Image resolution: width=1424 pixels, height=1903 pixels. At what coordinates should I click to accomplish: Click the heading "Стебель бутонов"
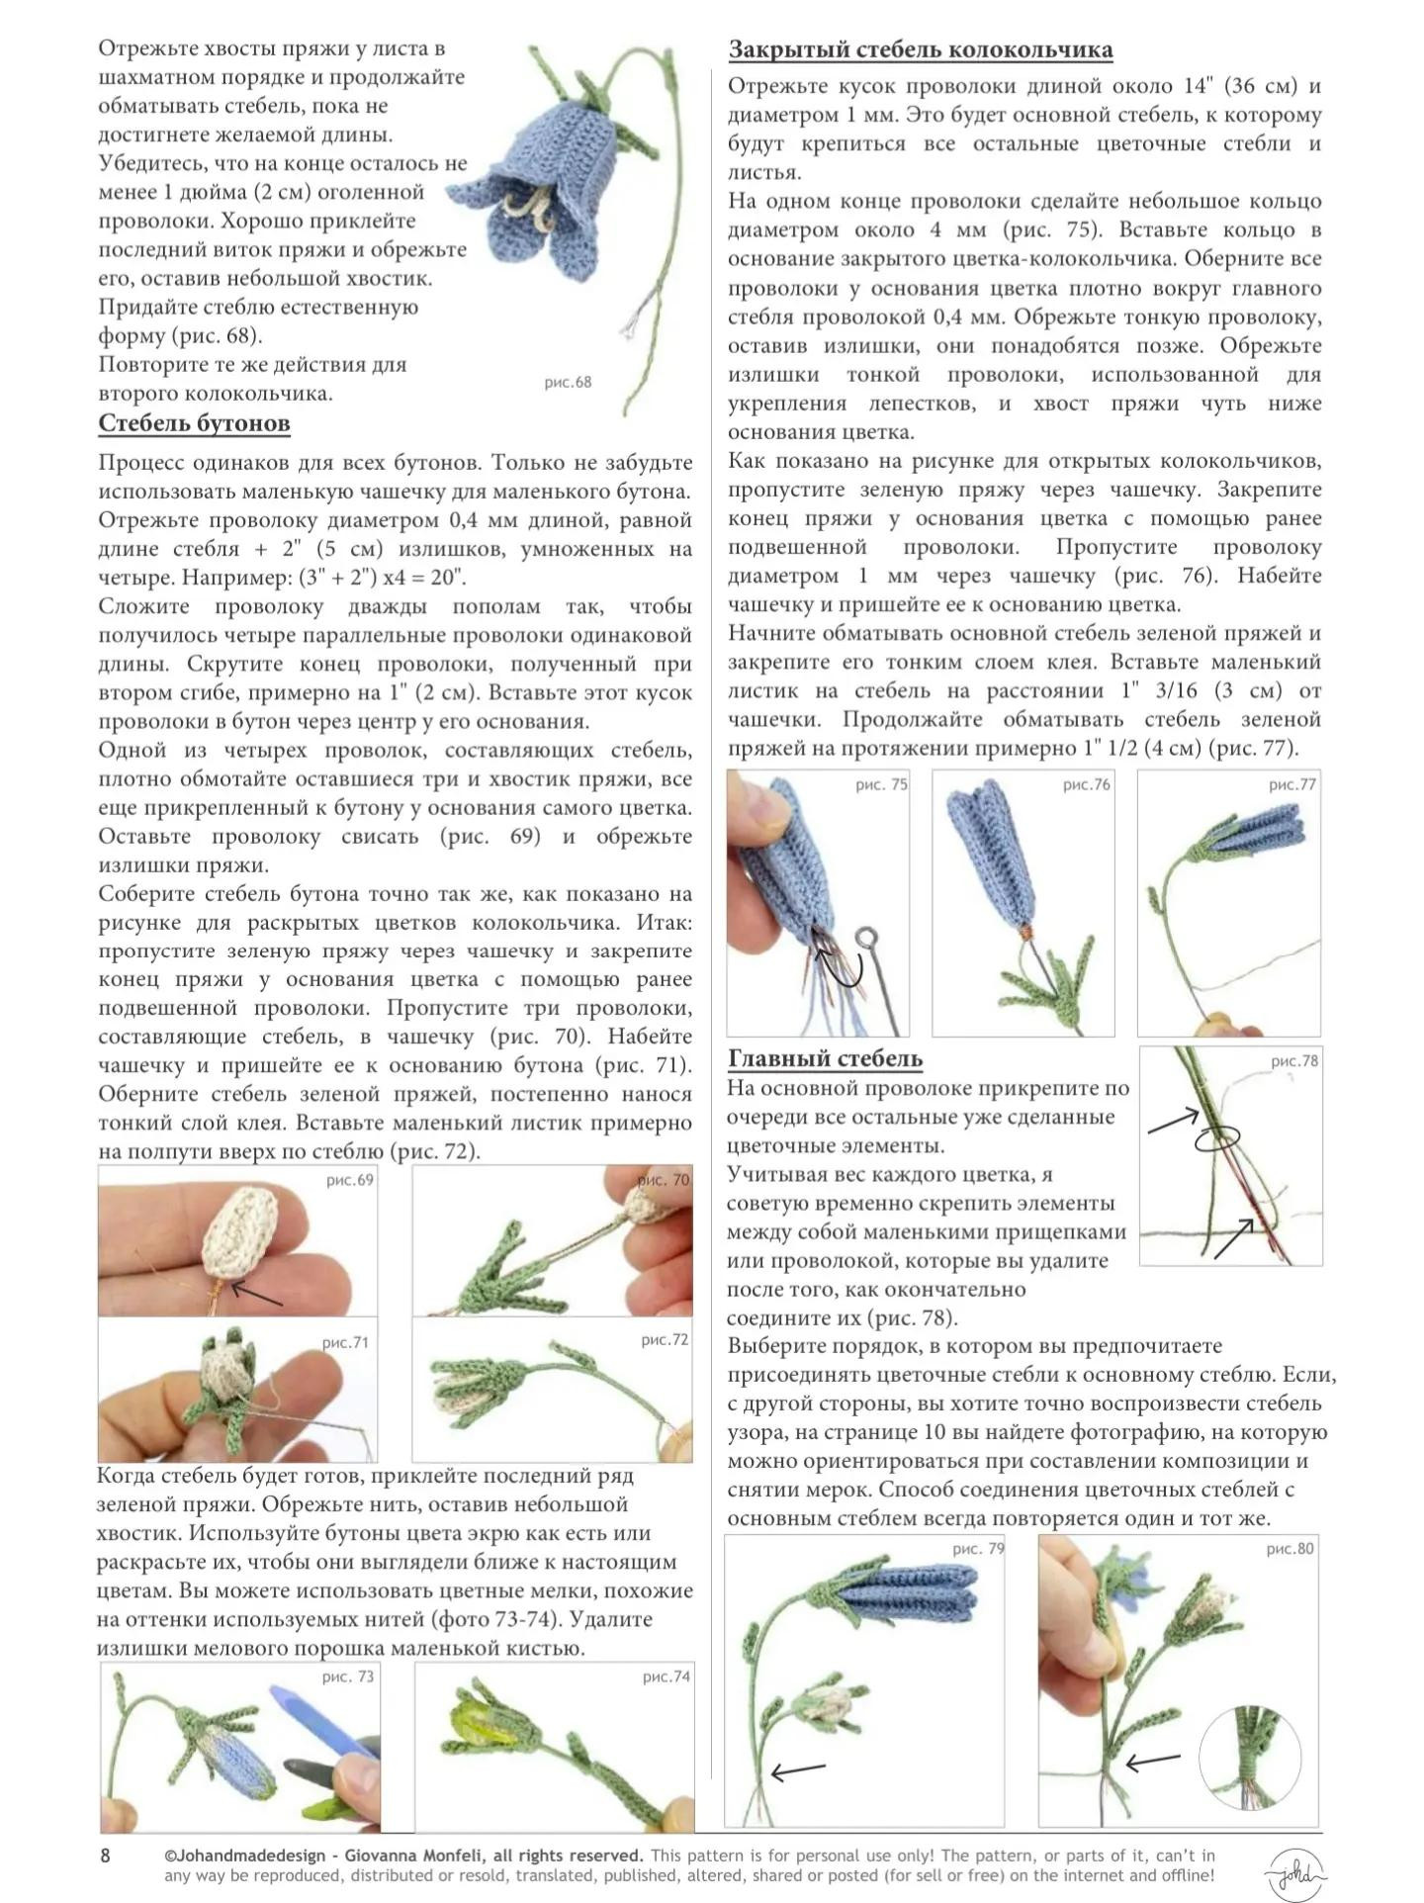(194, 423)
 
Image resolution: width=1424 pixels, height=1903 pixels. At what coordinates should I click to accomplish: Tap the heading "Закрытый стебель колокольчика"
(921, 49)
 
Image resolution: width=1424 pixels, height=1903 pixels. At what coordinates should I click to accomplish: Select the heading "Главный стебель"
(825, 1058)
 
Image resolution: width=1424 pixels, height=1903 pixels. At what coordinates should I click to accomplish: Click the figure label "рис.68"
(568, 382)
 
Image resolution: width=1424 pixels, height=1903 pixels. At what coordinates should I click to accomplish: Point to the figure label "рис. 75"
(881, 784)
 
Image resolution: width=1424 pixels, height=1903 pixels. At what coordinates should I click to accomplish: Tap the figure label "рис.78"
(1293, 1060)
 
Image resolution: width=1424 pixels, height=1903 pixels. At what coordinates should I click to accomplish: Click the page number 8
(106, 1856)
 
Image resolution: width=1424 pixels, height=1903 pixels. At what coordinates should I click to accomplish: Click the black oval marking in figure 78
(1216, 1140)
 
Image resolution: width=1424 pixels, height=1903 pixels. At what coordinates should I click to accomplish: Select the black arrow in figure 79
(797, 1770)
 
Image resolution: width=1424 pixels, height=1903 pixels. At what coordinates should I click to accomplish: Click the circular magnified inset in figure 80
(1250, 1759)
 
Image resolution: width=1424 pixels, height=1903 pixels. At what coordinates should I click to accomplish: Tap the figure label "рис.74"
(666, 1676)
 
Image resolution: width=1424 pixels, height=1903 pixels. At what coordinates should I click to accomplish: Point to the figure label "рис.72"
(665, 1339)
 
